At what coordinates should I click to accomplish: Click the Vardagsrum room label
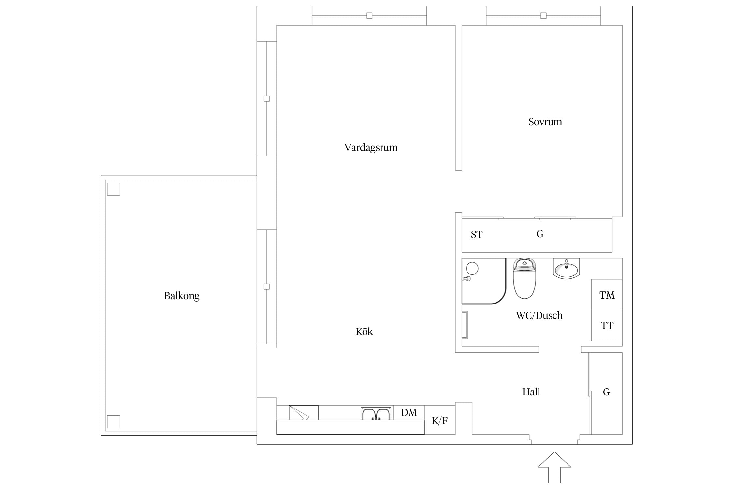pos(371,148)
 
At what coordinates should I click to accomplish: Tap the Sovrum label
pos(545,122)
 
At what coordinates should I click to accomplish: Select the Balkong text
pos(182,296)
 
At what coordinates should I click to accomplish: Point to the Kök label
pos(364,332)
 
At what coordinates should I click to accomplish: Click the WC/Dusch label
pos(539,315)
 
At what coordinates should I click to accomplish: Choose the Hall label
pos(531,392)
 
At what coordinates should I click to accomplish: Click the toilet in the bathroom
pos(525,279)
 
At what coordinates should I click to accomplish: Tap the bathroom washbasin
pos(567,269)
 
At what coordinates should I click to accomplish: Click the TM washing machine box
pos(607,295)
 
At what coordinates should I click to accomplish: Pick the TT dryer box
pos(607,325)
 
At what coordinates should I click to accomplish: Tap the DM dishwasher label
pos(409,413)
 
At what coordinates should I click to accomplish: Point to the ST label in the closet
pos(477,235)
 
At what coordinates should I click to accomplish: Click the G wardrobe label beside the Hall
pos(606,392)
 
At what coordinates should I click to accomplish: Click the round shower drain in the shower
pos(472,268)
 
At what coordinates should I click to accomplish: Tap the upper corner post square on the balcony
pos(113,189)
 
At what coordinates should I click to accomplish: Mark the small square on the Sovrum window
pos(543,15)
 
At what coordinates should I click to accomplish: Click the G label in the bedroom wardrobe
pos(540,234)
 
